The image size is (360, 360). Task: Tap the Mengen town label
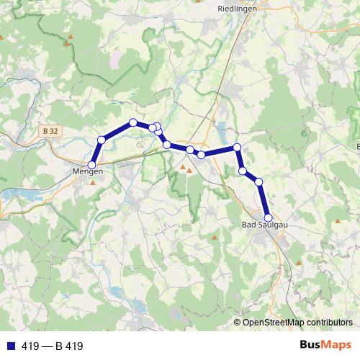coord(89,172)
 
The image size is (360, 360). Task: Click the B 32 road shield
coord(50,132)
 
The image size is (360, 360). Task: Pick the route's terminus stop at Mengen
coord(91,165)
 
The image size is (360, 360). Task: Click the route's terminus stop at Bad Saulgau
coord(268,217)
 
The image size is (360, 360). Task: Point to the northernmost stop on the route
coord(133,122)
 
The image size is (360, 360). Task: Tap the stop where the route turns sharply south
coord(237,148)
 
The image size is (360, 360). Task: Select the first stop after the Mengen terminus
coord(102,139)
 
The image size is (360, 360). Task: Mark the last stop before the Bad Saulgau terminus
coord(258,182)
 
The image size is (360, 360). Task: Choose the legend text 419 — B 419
coord(53,346)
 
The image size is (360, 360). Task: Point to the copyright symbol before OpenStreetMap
coord(238,323)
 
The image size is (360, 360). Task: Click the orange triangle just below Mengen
coord(92,181)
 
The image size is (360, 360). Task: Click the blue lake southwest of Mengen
coord(22,194)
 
